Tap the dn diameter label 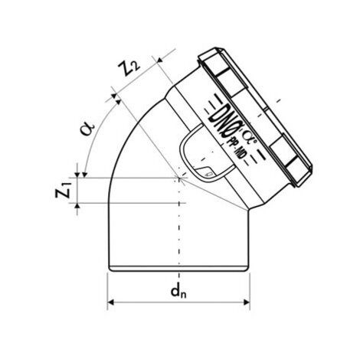(x=178, y=291)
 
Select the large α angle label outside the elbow (x=87, y=129)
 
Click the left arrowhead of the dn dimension (x=110, y=303)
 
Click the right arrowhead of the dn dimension (x=247, y=303)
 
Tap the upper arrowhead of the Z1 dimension (x=77, y=175)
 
